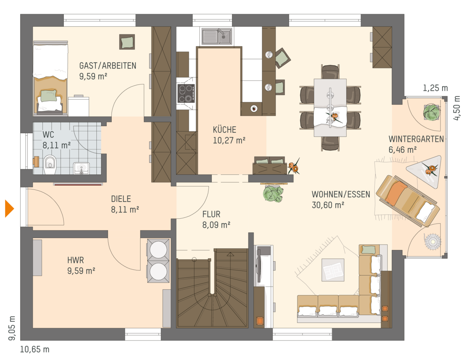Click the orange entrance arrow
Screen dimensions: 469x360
coord(9,208)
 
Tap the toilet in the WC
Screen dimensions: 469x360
coord(50,165)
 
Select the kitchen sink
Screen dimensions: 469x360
coord(217,36)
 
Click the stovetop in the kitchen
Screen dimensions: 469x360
coord(186,93)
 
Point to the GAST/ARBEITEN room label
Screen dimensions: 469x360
coord(108,66)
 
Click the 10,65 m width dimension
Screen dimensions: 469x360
coord(35,349)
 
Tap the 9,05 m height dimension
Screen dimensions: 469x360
coord(12,328)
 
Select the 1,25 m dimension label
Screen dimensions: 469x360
coord(435,88)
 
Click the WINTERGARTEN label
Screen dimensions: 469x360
coord(416,139)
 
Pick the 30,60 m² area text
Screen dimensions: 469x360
coord(328,205)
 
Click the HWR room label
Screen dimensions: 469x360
coord(75,260)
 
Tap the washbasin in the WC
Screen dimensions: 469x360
coord(81,168)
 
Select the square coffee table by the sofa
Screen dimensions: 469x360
coord(333,270)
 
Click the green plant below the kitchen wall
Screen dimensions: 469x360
coord(273,194)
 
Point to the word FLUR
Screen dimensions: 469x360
coord(211,214)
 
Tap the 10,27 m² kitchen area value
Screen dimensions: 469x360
coord(229,140)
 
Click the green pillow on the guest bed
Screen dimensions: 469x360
coord(49,96)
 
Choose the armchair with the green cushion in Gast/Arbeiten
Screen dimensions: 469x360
coord(127,42)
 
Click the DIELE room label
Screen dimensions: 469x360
coord(121,199)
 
